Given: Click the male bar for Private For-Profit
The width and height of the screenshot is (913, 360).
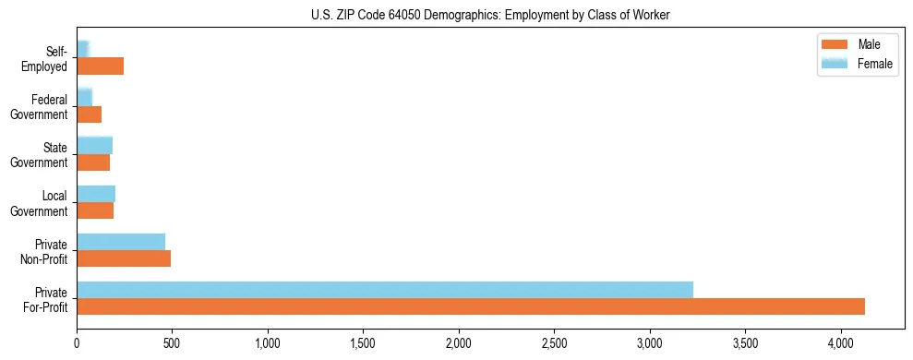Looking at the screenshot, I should click(471, 306).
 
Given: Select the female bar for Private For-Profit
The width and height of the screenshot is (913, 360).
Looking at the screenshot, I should click(385, 290).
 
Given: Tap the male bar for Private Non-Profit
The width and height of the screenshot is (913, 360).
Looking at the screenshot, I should click(124, 258).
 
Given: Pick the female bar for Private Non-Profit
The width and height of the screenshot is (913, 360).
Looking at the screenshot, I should click(121, 242).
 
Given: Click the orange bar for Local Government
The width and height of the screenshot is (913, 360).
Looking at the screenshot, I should click(95, 210).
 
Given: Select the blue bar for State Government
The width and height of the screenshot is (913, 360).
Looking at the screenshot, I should click(94, 145).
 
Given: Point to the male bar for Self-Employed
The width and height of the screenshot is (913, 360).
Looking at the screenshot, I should click(100, 66).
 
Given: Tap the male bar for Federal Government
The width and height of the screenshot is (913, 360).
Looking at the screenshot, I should click(89, 114).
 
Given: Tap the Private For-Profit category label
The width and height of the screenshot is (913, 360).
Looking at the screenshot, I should click(46, 299).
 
